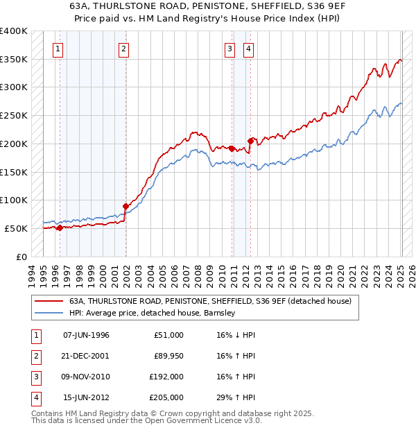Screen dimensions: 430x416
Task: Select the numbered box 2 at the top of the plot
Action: click(x=123, y=49)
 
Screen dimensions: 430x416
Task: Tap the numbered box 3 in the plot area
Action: click(x=229, y=49)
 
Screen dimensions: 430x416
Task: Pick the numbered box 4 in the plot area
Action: click(x=248, y=49)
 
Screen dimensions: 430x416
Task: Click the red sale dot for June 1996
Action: click(x=60, y=227)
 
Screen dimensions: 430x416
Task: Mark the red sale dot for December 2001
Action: click(x=125, y=205)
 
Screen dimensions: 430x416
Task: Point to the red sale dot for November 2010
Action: click(x=232, y=148)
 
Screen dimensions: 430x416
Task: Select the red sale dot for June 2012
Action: click(x=250, y=140)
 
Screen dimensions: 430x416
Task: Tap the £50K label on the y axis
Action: click(x=16, y=228)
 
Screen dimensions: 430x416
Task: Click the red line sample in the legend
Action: click(x=49, y=302)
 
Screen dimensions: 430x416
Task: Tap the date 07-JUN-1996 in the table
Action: click(x=86, y=335)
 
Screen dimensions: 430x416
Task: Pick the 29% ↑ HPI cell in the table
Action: click(x=236, y=397)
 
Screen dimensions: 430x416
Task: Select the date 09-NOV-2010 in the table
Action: click(x=86, y=377)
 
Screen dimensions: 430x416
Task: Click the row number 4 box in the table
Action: click(x=35, y=397)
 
